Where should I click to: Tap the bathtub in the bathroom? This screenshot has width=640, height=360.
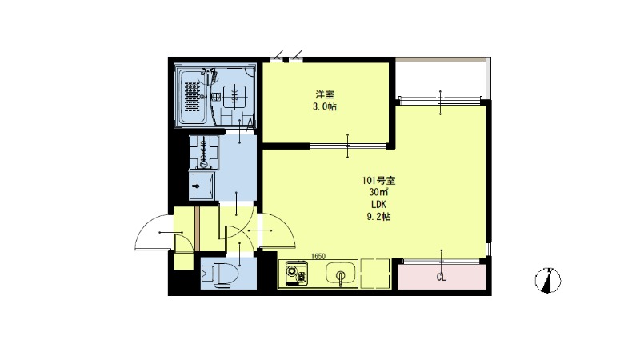click(x=194, y=96)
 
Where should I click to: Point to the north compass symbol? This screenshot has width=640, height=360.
click(x=548, y=281)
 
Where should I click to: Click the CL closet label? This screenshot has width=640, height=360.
click(x=441, y=278)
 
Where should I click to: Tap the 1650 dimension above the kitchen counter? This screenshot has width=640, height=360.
click(x=318, y=256)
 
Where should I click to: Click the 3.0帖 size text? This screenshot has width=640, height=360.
click(x=325, y=106)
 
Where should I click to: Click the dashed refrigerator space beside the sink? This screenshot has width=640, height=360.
click(x=373, y=273)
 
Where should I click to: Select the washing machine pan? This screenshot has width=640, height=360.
click(x=203, y=151)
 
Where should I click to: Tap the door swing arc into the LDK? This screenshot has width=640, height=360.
click(x=276, y=232)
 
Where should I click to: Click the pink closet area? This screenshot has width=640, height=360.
click(x=444, y=277)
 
